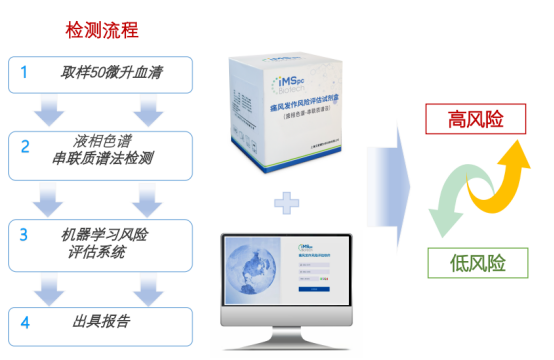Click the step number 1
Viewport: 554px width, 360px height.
(x=25, y=73)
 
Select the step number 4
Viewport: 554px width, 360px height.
(x=25, y=322)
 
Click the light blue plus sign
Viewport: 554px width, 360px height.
(x=287, y=205)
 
